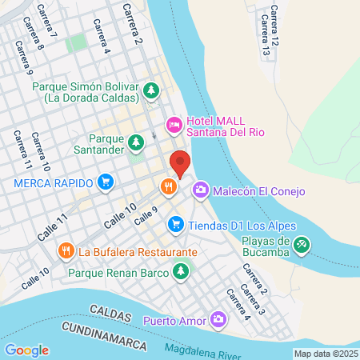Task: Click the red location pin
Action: (180, 163)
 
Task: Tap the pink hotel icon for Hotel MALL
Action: (174, 125)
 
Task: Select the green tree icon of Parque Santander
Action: (136, 142)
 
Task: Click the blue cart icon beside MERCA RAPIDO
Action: (105, 182)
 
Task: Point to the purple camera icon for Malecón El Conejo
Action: (201, 190)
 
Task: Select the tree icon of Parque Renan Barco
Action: (182, 272)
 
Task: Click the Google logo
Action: (26, 350)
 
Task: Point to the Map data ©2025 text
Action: (324, 354)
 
